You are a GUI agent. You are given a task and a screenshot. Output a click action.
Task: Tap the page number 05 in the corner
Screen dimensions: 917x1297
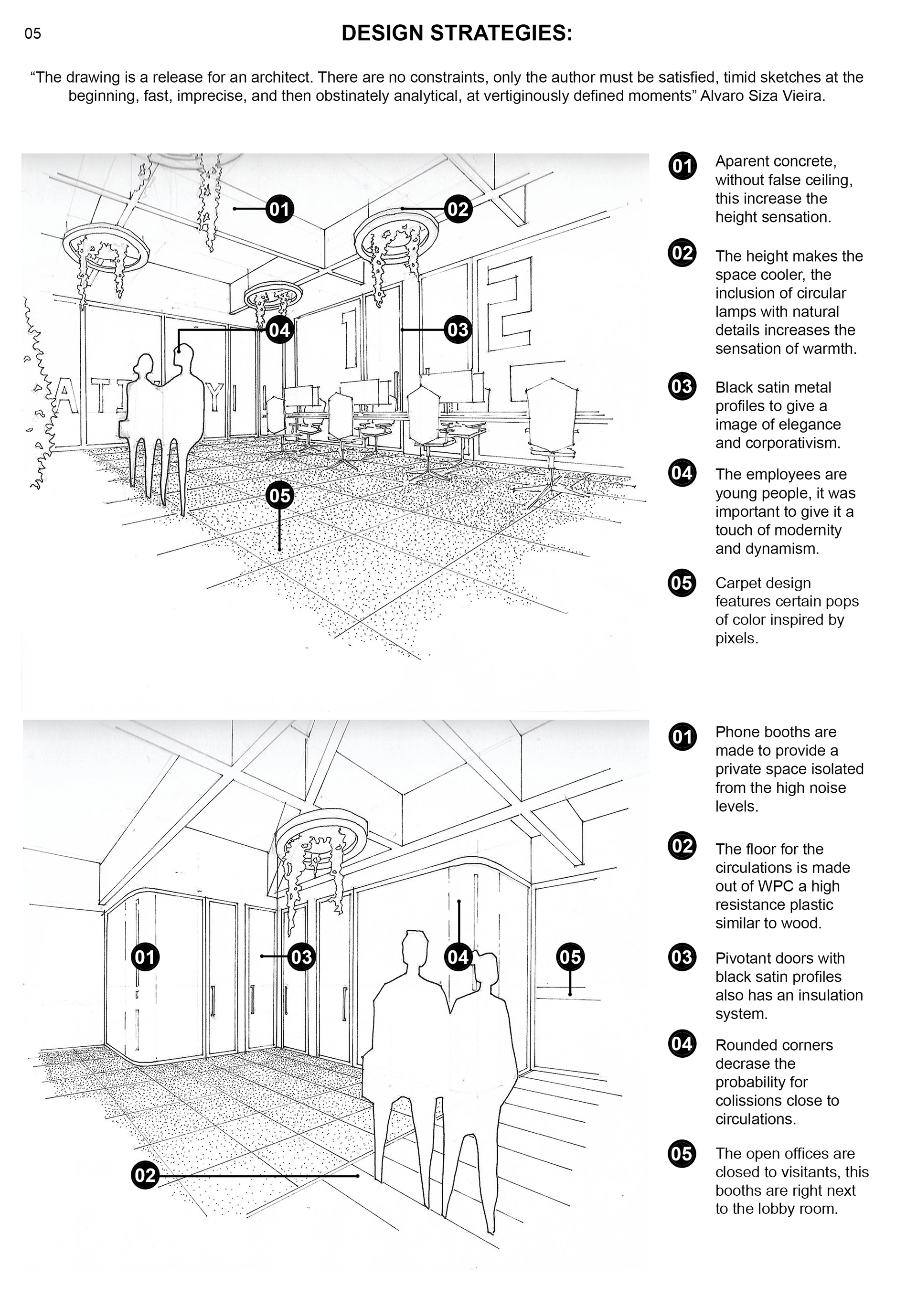33,34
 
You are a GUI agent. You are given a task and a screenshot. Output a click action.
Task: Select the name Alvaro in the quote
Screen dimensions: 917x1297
719,96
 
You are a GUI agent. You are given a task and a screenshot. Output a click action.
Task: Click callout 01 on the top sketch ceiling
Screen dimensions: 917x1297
279,209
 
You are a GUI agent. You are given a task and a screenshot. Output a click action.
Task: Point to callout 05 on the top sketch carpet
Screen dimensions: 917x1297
279,496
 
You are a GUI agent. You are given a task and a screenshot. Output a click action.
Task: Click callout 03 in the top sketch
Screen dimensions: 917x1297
458,330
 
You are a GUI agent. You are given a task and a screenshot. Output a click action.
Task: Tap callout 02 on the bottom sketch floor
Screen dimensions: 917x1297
145,1176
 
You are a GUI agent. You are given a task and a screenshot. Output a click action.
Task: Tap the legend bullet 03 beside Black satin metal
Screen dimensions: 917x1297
682,386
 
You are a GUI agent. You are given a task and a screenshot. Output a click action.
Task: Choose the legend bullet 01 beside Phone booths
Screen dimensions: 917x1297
682,737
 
